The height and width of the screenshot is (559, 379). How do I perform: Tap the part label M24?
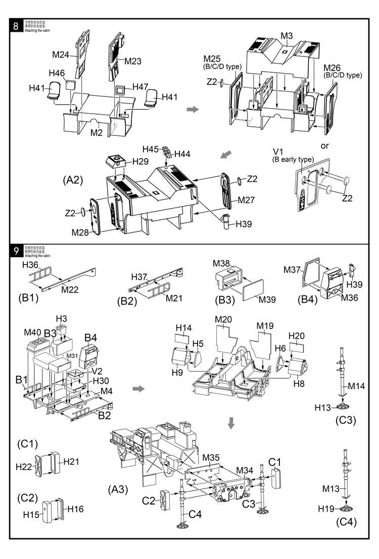61,55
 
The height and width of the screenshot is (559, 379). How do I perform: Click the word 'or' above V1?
325,145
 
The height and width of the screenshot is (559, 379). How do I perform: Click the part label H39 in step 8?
242,224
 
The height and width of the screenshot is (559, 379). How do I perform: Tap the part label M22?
71,289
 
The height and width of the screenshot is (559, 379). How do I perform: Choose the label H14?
183,328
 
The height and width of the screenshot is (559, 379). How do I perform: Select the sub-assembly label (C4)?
346,522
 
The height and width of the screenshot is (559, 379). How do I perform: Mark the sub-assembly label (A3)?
118,489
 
